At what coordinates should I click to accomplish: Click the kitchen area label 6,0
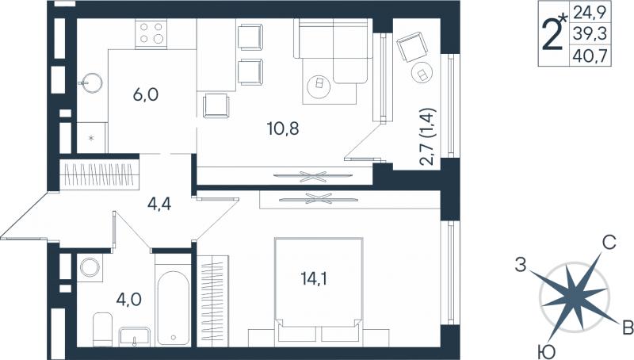pyautogui.click(x=146, y=95)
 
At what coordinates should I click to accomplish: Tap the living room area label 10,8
pyautogui.click(x=283, y=128)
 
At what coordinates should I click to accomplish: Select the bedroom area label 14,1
pyautogui.click(x=314, y=278)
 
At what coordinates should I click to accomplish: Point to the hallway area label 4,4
pyautogui.click(x=159, y=204)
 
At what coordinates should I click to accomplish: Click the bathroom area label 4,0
pyautogui.click(x=128, y=300)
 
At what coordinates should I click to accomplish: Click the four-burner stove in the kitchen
pyautogui.click(x=151, y=33)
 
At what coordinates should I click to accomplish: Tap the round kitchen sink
pyautogui.click(x=91, y=83)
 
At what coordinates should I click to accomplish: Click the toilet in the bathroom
pyautogui.click(x=103, y=329)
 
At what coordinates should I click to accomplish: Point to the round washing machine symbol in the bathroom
pyautogui.click(x=90, y=267)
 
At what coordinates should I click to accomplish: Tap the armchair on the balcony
pyautogui.click(x=412, y=47)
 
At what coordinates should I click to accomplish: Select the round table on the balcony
pyautogui.click(x=422, y=73)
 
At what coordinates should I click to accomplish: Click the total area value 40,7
pyautogui.click(x=590, y=56)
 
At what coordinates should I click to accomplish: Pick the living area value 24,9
pyautogui.click(x=590, y=13)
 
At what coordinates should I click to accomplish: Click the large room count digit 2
pyautogui.click(x=552, y=35)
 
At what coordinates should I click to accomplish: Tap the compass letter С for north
pyautogui.click(x=609, y=243)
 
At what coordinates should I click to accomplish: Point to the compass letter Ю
pyautogui.click(x=547, y=352)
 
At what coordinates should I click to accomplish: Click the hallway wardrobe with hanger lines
pyautogui.click(x=100, y=174)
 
